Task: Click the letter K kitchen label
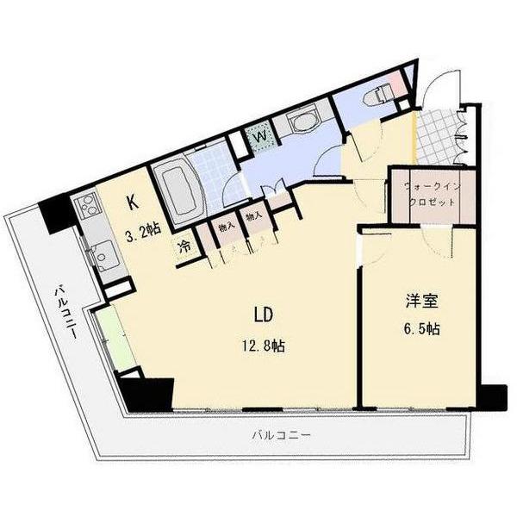[132, 203]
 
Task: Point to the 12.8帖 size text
[264, 346]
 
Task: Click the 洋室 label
[421, 302]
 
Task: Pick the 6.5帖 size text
[421, 330]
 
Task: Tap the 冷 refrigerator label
[185, 246]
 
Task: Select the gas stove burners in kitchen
[89, 208]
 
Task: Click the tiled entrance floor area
[439, 136]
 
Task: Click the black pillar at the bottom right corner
[492, 398]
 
